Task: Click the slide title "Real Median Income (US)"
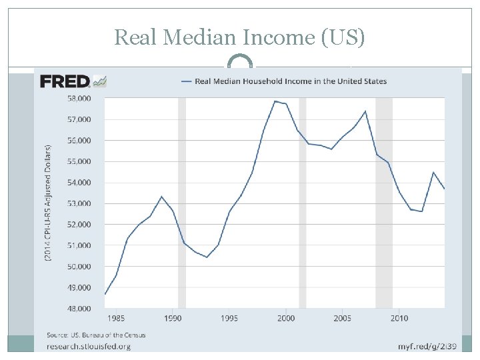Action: tap(239, 37)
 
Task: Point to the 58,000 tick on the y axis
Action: tap(79, 99)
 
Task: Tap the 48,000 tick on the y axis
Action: tap(79, 309)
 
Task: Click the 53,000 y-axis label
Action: tap(79, 203)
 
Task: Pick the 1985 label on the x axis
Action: tap(116, 318)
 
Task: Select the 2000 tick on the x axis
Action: tap(286, 318)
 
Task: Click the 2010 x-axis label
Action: tap(399, 318)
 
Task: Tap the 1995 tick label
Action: tap(229, 318)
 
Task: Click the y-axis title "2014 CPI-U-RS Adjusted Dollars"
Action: tap(49, 203)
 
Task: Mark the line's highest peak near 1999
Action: tap(275, 101)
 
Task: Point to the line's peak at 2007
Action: tap(365, 111)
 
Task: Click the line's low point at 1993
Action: tap(207, 257)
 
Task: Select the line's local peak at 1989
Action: tap(161, 196)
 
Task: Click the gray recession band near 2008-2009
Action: tap(384, 200)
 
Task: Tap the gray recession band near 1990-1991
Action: tap(182, 200)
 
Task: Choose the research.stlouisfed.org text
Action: tap(88, 346)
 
